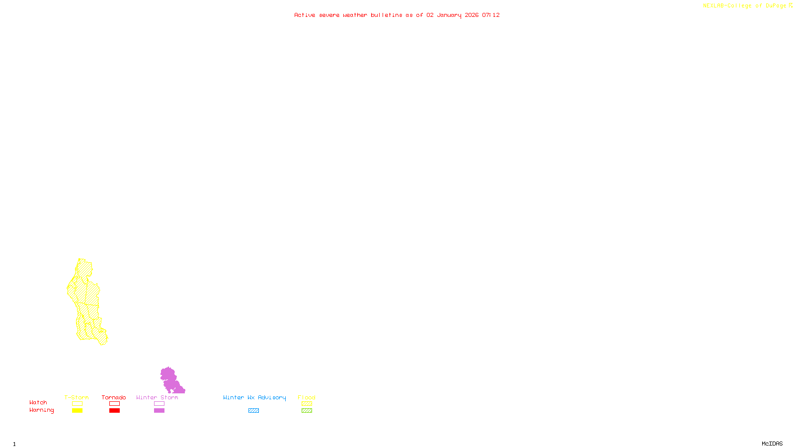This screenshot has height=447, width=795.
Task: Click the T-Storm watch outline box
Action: click(x=77, y=404)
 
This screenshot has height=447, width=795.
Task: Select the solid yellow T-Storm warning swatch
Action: click(x=77, y=411)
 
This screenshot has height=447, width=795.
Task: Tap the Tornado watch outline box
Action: click(x=114, y=404)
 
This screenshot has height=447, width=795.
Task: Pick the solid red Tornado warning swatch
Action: click(x=114, y=411)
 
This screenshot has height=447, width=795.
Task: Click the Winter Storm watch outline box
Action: click(x=159, y=404)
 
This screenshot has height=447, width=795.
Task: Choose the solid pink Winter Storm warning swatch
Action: click(x=159, y=411)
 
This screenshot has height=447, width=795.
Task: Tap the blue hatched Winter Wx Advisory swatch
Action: click(x=253, y=411)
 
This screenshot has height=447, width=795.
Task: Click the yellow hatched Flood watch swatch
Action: click(x=307, y=404)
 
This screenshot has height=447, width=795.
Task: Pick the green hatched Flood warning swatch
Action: click(x=307, y=411)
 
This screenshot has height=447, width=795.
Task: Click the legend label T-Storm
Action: click(x=77, y=397)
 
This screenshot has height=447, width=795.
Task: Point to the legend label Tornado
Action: click(x=114, y=397)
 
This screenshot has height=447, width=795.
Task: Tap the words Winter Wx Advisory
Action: click(x=254, y=397)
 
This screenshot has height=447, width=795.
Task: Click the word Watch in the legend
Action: click(x=38, y=402)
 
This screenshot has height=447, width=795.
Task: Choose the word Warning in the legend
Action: click(x=41, y=410)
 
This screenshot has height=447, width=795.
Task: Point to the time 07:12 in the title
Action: click(x=491, y=15)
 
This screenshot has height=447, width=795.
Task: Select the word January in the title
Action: click(x=449, y=15)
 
